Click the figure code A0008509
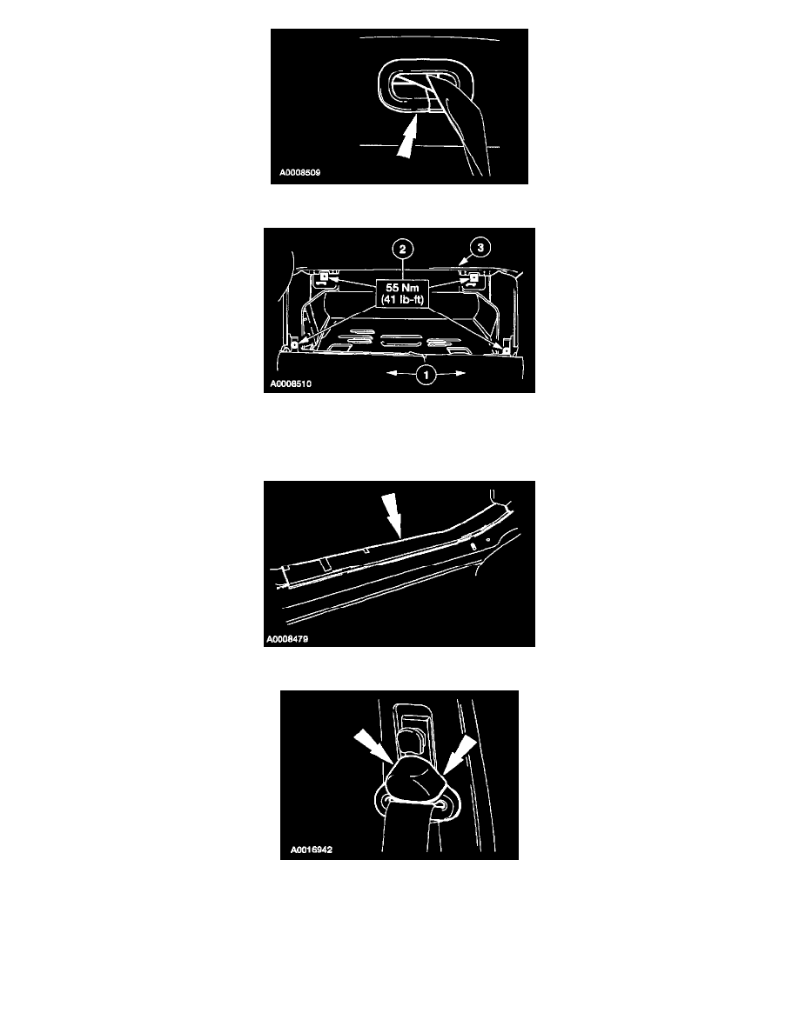pyautogui.click(x=300, y=173)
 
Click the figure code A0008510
pyautogui.click(x=291, y=383)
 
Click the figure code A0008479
pyautogui.click(x=287, y=639)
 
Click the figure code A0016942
pyautogui.click(x=312, y=850)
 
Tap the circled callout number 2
pyautogui.click(x=402, y=249)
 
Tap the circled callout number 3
pyautogui.click(x=480, y=248)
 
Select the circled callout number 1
pyautogui.click(x=426, y=375)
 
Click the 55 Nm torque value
pyautogui.click(x=402, y=288)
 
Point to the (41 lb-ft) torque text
pyautogui.click(x=402, y=300)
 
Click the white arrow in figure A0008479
pyautogui.click(x=393, y=515)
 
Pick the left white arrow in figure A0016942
pyautogui.click(x=373, y=750)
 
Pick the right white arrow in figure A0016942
pyautogui.click(x=459, y=755)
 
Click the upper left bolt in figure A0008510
pyautogui.click(x=325, y=277)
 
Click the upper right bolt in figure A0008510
pyautogui.click(x=473, y=277)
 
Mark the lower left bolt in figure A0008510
pyautogui.click(x=295, y=343)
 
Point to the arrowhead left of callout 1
pyautogui.click(x=390, y=374)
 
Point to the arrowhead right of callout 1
pyautogui.click(x=460, y=374)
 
